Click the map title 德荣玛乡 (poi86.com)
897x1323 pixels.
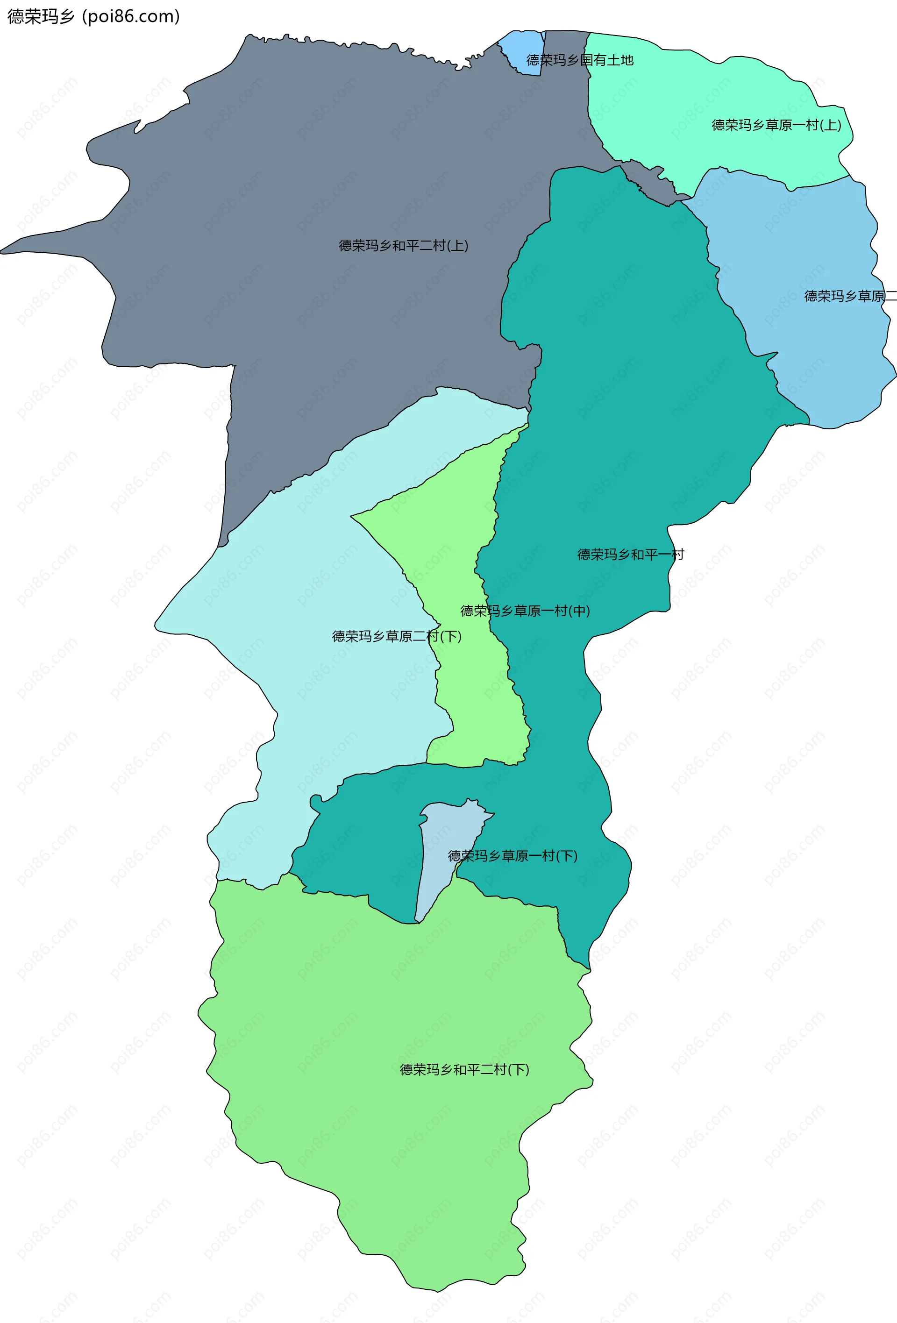click(x=93, y=16)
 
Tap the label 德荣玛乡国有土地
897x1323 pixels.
click(x=579, y=60)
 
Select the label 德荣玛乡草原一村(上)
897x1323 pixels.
click(x=776, y=125)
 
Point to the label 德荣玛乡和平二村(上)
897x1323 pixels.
click(x=404, y=246)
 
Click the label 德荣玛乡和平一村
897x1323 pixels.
click(x=631, y=555)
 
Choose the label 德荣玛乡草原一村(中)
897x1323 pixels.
click(x=525, y=611)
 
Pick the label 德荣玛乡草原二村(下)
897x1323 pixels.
click(x=397, y=636)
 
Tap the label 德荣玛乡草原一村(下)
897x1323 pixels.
click(x=512, y=856)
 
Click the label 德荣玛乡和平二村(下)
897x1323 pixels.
click(x=464, y=1070)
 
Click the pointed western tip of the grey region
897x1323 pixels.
click(x=3, y=250)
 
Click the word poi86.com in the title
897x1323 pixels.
click(x=131, y=16)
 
